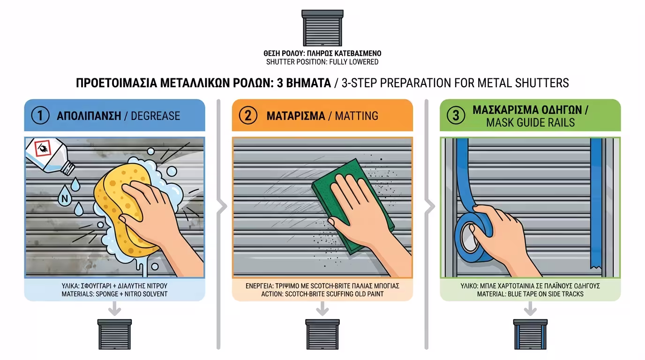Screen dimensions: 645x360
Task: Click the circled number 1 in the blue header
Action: point(40,115)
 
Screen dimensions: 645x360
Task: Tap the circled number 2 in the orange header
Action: point(248,115)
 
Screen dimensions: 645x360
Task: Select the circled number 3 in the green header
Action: point(456,115)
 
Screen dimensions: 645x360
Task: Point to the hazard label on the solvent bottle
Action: point(43,148)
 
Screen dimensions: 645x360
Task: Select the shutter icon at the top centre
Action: point(322,28)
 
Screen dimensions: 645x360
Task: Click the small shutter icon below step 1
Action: point(114,334)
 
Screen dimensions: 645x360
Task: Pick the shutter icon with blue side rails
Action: point(531,334)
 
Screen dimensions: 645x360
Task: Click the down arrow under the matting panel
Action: point(322,309)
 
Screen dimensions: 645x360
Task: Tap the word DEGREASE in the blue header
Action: point(156,116)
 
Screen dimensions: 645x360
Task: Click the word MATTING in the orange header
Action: point(356,116)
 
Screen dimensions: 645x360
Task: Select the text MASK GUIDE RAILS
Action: point(531,123)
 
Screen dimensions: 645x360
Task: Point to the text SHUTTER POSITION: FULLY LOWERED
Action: point(322,62)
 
